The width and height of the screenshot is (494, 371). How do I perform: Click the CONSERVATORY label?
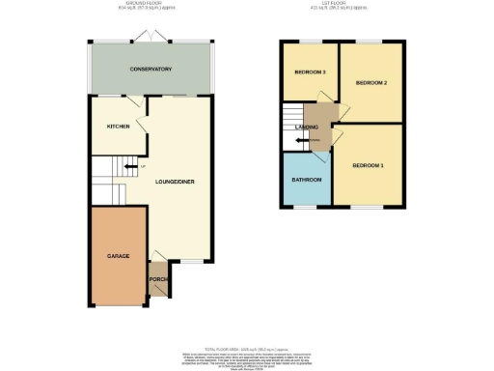coord(151,70)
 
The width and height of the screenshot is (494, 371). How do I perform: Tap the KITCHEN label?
coord(119,127)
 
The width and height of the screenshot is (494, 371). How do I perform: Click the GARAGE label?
coord(119,256)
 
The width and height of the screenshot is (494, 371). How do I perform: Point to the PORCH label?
coord(158,280)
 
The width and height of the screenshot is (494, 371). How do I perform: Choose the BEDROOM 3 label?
coord(310,72)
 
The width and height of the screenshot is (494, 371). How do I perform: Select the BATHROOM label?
coord(307,180)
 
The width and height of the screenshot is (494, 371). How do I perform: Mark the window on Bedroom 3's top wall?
coord(309,43)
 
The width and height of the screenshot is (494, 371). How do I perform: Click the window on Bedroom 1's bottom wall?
coord(366,207)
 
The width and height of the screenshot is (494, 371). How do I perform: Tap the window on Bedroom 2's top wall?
coord(371,43)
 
